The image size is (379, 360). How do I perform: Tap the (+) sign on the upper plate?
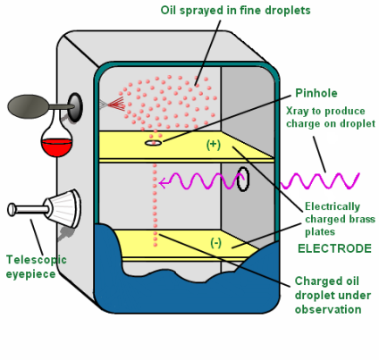pyautogui.click(x=213, y=144)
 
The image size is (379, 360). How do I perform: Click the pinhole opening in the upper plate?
pyautogui.click(x=154, y=141)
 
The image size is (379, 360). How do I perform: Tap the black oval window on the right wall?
pyautogui.click(x=243, y=179)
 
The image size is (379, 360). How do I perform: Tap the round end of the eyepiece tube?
pyautogui.click(x=12, y=210)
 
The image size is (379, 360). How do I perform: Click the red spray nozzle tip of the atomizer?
pyautogui.click(x=108, y=105)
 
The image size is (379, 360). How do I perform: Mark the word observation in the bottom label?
pyautogui.click(x=328, y=309)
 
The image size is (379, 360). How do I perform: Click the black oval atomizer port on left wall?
pyautogui.click(x=76, y=105)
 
